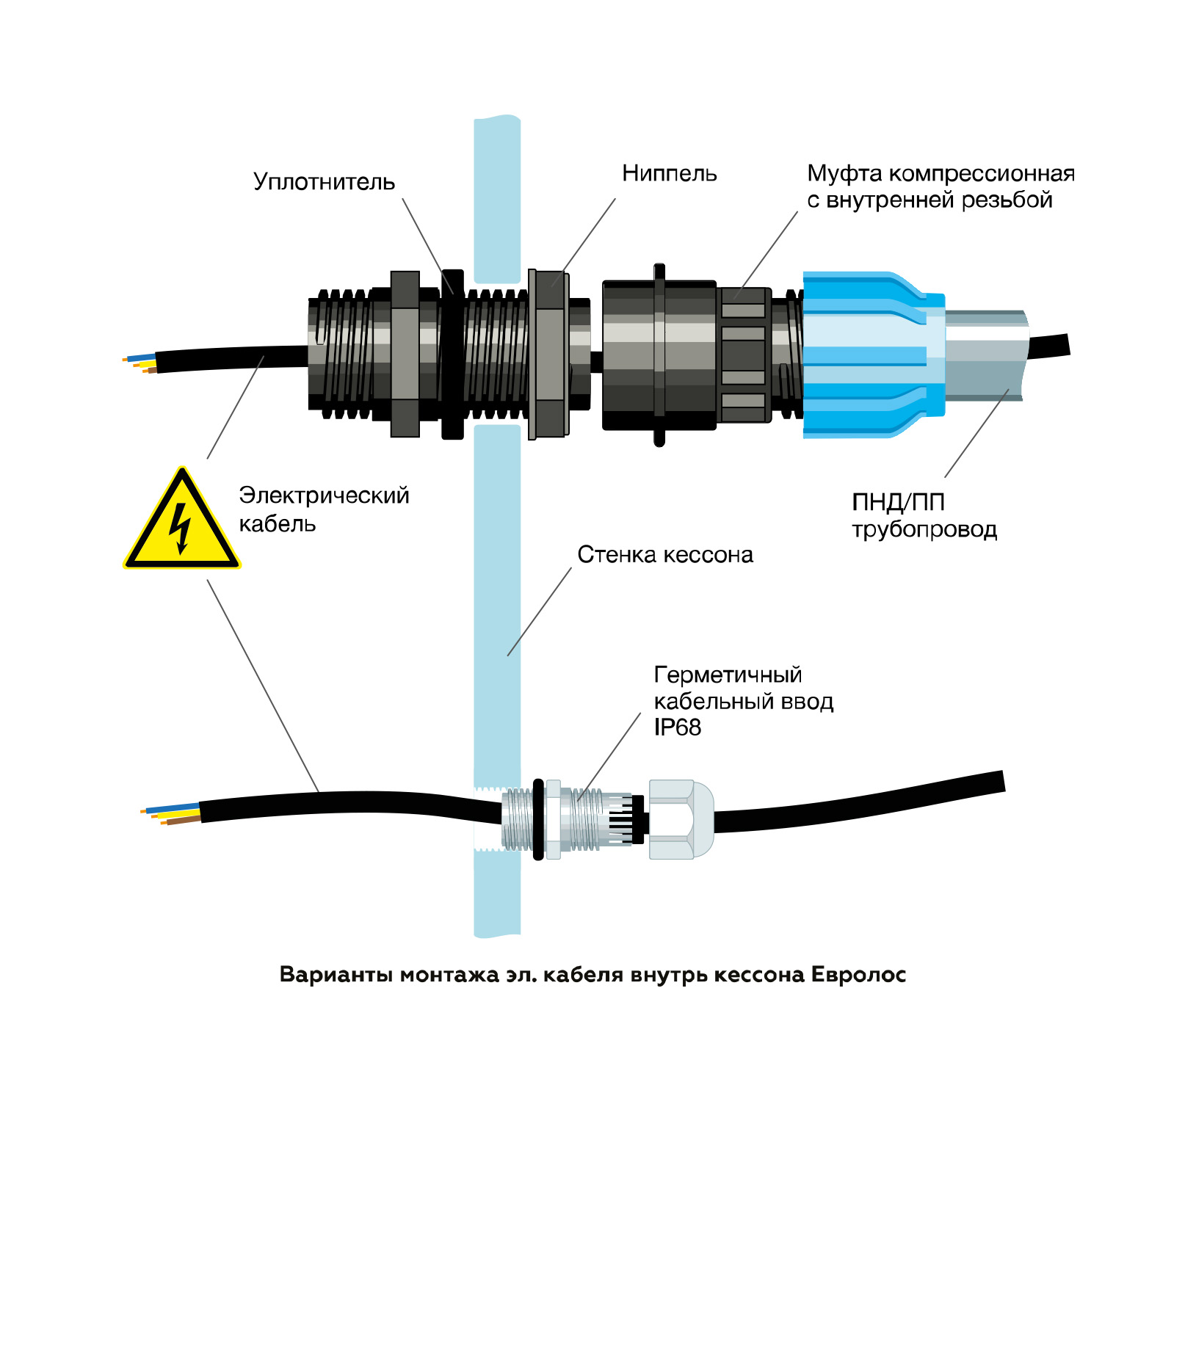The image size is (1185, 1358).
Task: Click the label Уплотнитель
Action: tap(324, 182)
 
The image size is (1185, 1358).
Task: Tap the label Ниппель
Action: tap(669, 174)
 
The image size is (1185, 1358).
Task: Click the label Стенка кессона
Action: tap(665, 555)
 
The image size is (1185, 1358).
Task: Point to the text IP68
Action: tap(677, 727)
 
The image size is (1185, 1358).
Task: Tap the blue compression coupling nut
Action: tap(866, 355)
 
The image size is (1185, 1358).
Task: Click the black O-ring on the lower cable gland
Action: tap(538, 819)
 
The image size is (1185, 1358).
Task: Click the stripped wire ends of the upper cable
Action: tap(139, 362)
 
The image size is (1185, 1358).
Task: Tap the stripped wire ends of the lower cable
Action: tap(169, 815)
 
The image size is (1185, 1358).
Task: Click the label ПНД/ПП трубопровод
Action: tap(924, 515)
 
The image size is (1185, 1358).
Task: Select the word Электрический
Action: tap(324, 495)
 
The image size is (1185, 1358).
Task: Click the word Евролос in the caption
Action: tap(858, 975)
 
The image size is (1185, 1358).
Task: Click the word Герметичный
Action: tap(728, 675)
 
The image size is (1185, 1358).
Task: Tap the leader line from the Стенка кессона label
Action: tap(539, 611)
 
